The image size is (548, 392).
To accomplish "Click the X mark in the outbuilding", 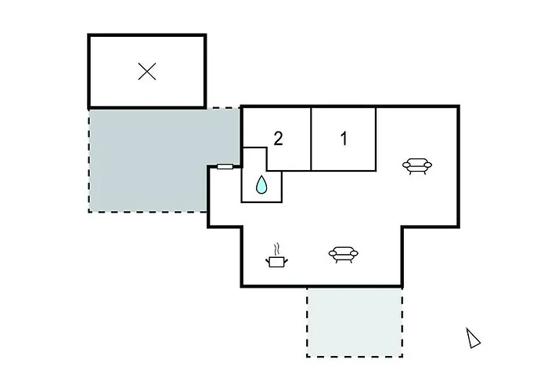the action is coord(147,71).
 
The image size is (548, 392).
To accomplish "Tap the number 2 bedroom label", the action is coord(278,139).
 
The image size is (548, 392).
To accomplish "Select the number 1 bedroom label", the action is coord(344,139).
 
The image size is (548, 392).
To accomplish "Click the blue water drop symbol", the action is coord(261,184).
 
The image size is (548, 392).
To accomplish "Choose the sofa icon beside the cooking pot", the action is coord(343,254).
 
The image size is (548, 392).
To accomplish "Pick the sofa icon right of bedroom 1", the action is coord(417,166).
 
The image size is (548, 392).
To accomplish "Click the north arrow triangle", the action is coord(473,338).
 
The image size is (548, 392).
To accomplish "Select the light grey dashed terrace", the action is coord(355,322).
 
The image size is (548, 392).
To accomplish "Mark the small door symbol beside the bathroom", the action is coord(225,166).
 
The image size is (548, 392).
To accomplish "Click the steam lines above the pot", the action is coord(277,249).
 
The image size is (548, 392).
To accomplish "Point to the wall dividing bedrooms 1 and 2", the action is coord(311,139).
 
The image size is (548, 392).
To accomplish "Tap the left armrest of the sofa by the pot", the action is coord(333,252).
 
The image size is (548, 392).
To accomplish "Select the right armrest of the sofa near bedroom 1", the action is coord(427,165).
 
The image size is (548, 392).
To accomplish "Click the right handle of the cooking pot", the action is coord(286,260).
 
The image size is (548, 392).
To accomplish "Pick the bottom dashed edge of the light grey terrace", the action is coord(355,356).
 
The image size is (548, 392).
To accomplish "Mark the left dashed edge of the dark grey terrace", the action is coord(89,160).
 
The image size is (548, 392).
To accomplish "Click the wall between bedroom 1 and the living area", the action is coord(376,139).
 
